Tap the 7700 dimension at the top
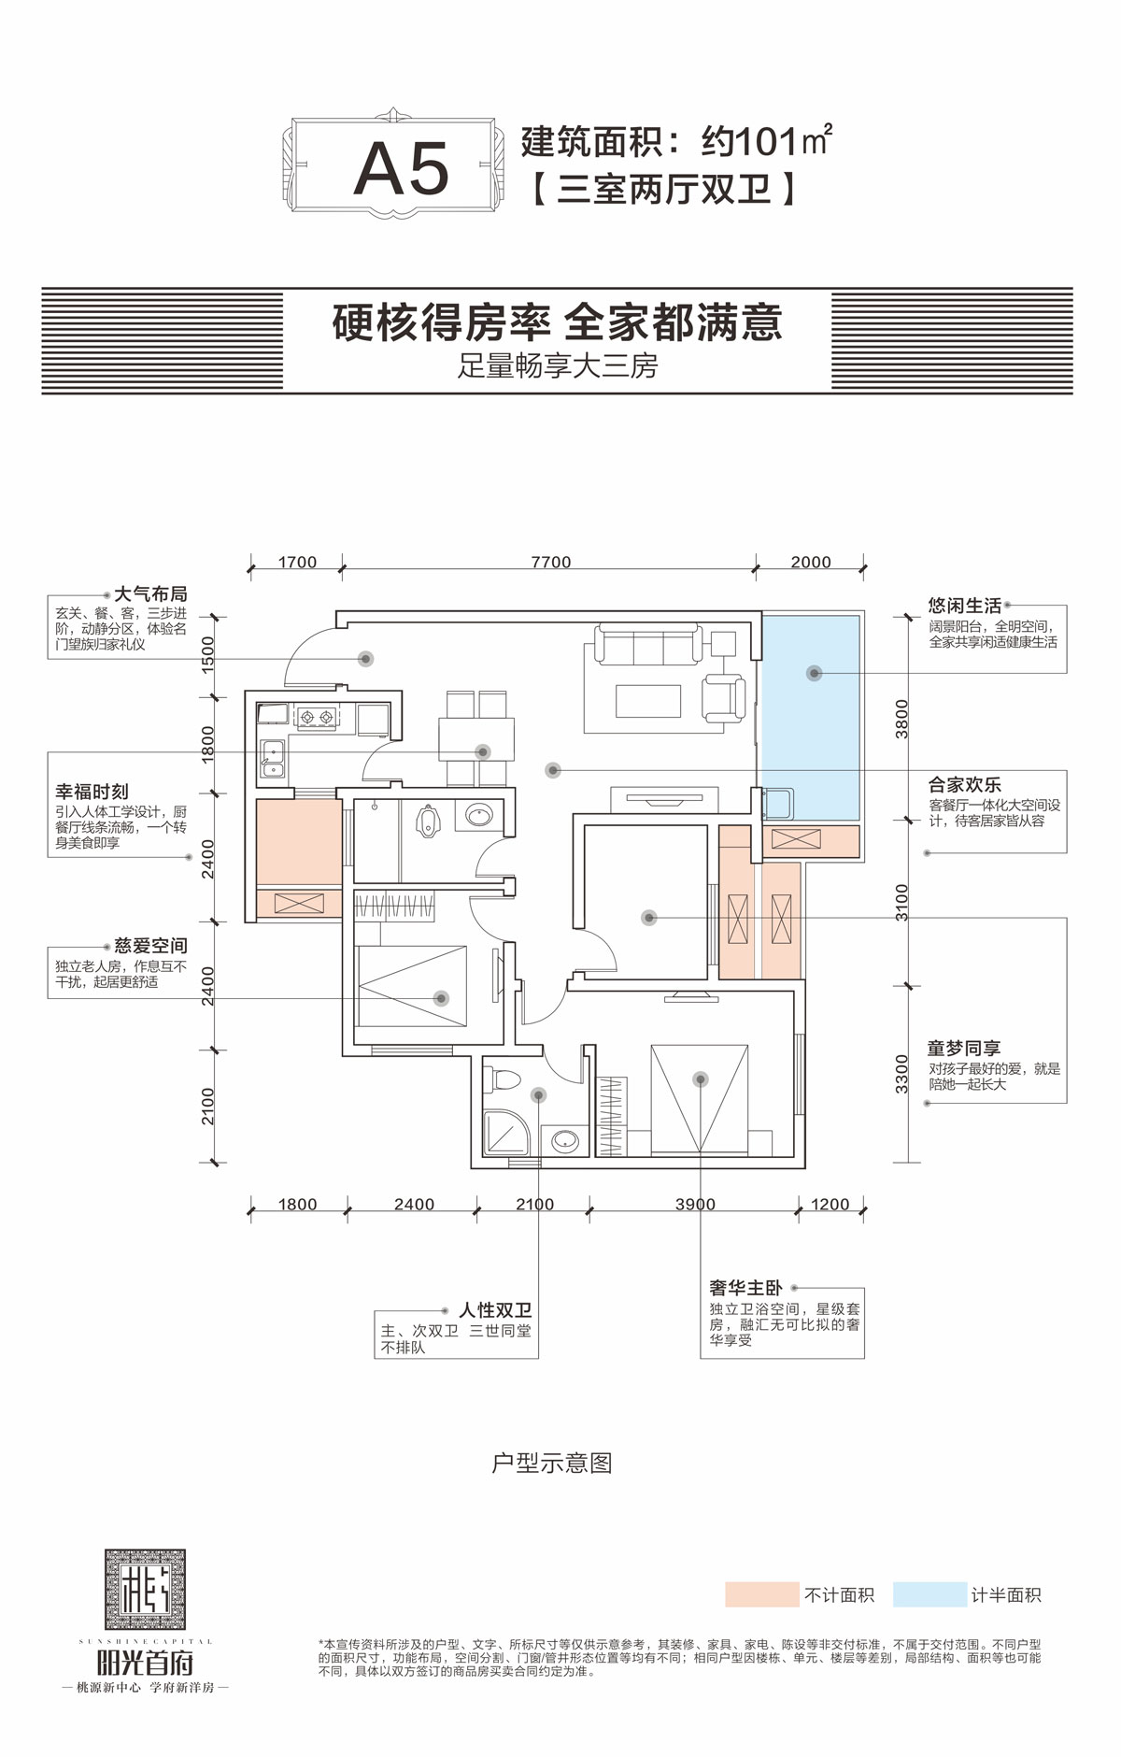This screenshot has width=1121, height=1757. pos(550,562)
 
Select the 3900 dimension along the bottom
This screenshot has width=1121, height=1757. pos(695,1205)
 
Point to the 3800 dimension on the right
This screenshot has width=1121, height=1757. pos(901,719)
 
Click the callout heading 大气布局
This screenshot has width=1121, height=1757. pos(149,594)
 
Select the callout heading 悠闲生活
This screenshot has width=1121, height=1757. pos(964,606)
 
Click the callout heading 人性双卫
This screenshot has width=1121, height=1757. pos(494,1310)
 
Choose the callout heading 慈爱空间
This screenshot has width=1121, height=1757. pos(150,947)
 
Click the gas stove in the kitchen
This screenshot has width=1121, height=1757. pos(316,718)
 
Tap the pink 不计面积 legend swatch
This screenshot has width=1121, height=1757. pos(761,1594)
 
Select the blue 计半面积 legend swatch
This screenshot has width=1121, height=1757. pos(929,1594)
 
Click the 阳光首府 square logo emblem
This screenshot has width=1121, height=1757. pos(145,1589)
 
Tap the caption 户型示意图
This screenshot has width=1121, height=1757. pos(551,1463)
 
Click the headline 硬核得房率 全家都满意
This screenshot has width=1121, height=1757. pos(557,323)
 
